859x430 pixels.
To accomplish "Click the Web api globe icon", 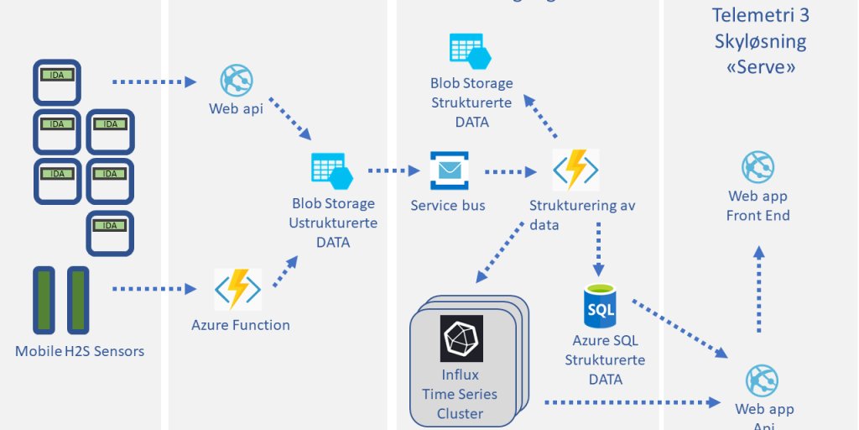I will [237, 81].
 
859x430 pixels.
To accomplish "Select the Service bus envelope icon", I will [450, 170].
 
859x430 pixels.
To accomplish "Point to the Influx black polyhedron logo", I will [461, 338].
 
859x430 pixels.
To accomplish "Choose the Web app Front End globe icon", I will [757, 167].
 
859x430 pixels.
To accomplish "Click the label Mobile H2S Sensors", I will [80, 351].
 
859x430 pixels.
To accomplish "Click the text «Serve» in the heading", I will [760, 67].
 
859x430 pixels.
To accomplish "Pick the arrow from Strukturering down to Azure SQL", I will [599, 249].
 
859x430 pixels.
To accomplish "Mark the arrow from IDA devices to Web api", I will [154, 81].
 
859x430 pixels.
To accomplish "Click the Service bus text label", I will [448, 205].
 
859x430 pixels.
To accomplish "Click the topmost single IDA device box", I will [57, 81].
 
